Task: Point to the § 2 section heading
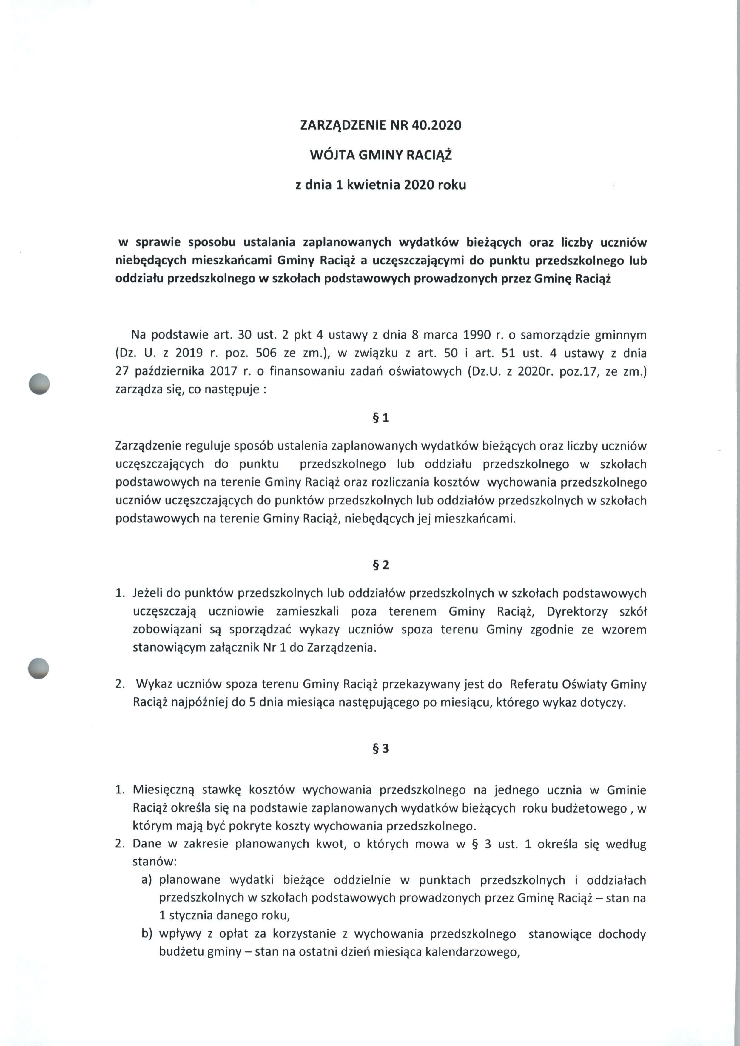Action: coord(381,565)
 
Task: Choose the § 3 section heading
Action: coord(381,748)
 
